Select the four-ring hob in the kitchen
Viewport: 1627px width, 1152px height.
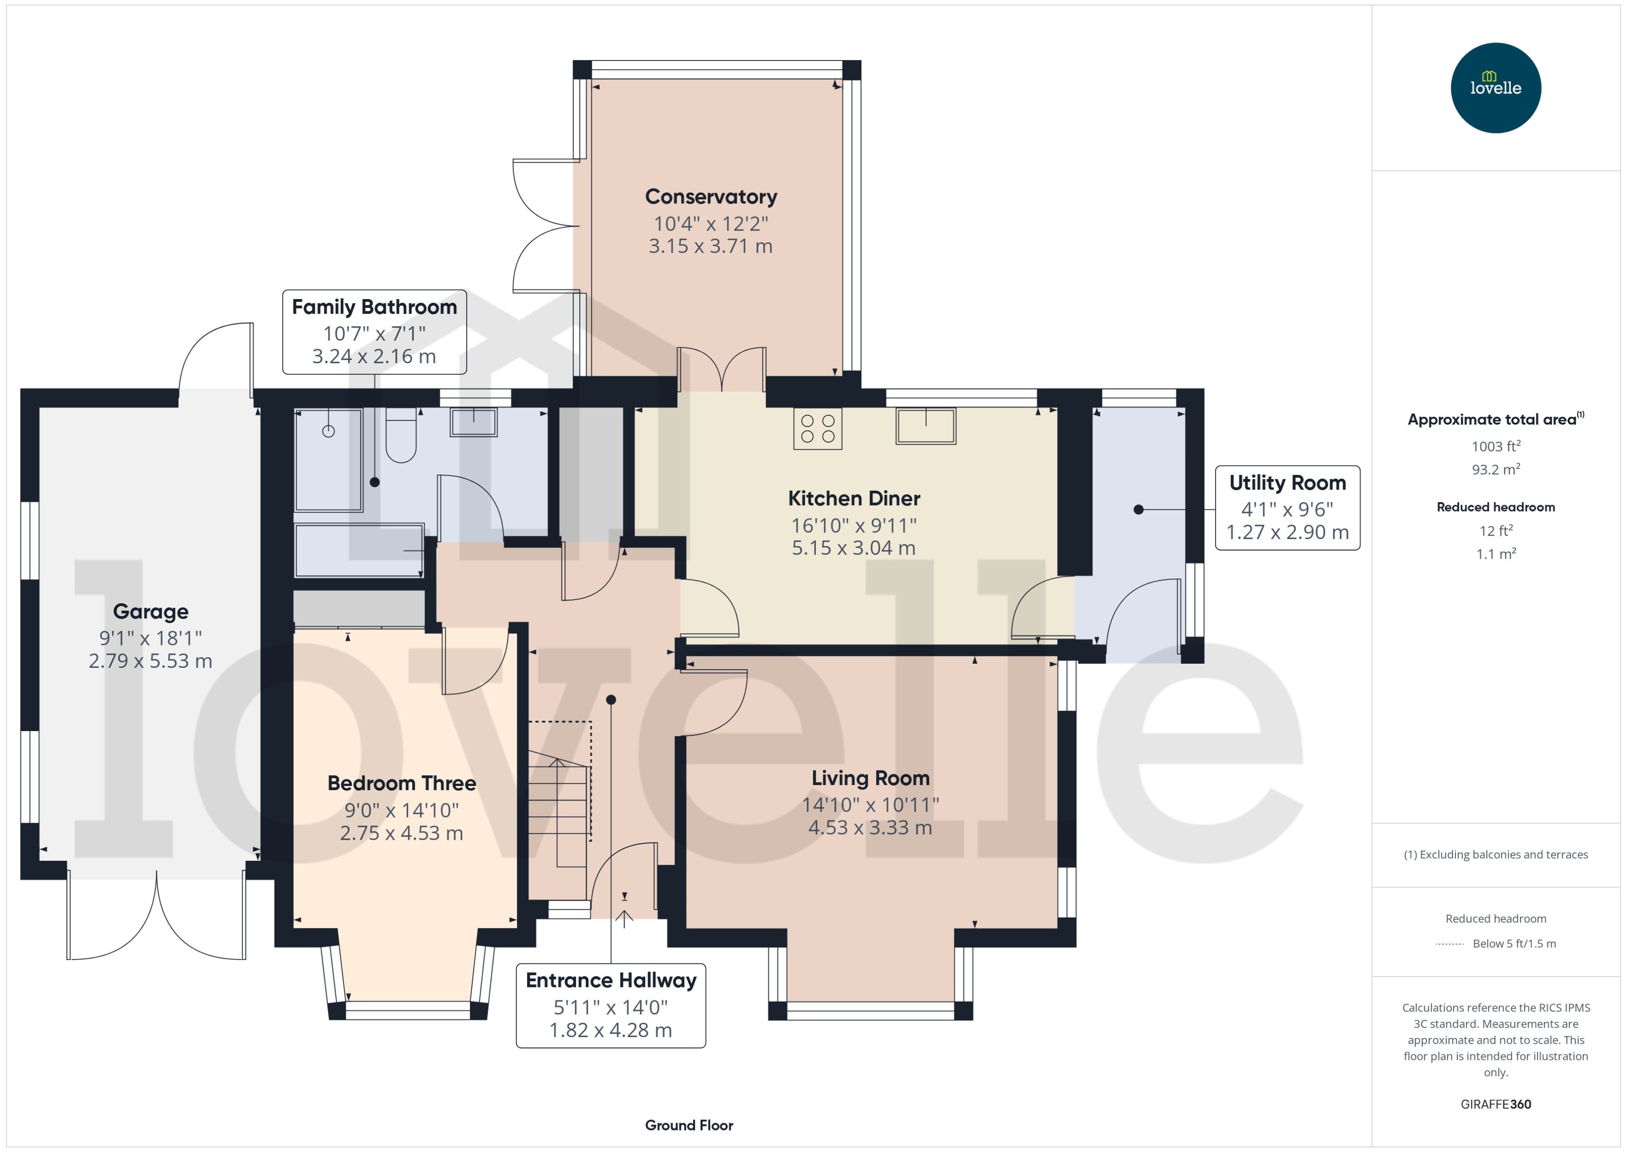(817, 428)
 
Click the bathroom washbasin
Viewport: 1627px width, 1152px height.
(474, 422)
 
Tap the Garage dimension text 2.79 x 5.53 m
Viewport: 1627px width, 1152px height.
(150, 661)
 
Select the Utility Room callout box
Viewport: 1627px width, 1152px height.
(1287, 507)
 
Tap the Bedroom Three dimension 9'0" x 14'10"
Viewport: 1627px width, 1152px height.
(401, 810)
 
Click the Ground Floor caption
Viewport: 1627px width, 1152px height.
(688, 1125)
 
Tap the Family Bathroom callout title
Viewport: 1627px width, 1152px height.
(374, 306)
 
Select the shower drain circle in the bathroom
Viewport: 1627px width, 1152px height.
(328, 431)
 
